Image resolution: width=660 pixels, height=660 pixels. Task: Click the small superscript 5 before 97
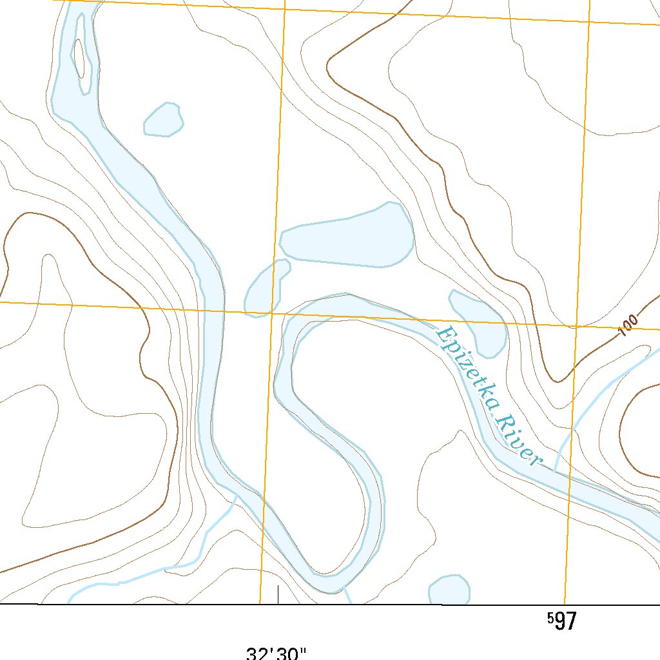(x=550, y=618)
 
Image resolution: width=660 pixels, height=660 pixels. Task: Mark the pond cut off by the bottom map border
(x=449, y=589)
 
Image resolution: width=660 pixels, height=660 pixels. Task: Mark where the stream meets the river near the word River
(x=554, y=469)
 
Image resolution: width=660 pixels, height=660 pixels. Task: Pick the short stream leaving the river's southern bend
(x=348, y=596)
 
